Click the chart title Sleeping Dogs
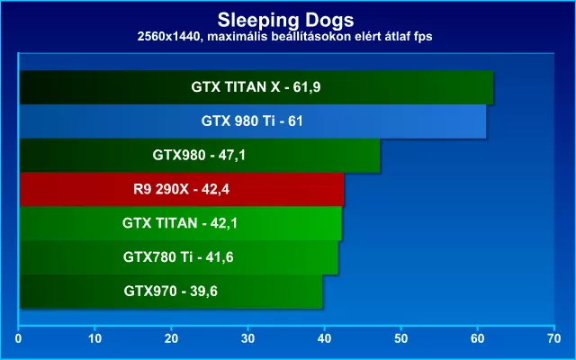click(285, 20)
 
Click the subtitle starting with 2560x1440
click(284, 37)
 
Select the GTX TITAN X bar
click(256, 87)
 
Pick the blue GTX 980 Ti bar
click(253, 121)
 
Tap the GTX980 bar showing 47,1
click(200, 156)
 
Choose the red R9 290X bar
click(182, 190)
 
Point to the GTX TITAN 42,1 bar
click(181, 223)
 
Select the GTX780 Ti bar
click(179, 257)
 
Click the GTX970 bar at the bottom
click(171, 292)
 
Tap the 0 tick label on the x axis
click(18, 338)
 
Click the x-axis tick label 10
click(95, 338)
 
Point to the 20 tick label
click(172, 338)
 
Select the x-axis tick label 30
click(248, 338)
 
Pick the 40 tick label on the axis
click(324, 338)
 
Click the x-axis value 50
click(401, 338)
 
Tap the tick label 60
click(478, 338)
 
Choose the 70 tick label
click(554, 338)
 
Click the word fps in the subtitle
click(422, 38)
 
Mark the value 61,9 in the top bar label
click(307, 87)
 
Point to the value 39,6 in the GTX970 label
click(204, 292)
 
